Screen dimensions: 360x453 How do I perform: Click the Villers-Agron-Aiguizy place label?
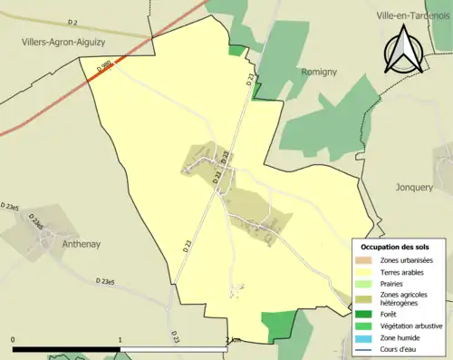[64, 41]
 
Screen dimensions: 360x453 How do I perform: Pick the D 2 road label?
[73, 22]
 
